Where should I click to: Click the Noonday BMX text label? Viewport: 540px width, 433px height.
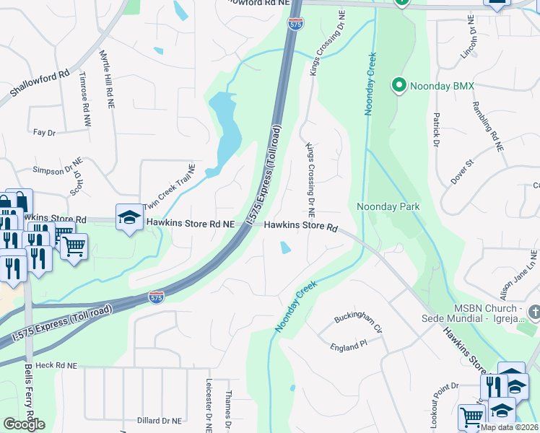442,87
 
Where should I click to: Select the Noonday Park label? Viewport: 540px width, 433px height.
388,207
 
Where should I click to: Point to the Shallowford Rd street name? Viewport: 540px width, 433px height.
40,84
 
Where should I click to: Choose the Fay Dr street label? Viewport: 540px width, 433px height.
44,133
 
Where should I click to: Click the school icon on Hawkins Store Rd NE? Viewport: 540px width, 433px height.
129,218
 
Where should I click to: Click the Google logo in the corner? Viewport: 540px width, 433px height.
24,424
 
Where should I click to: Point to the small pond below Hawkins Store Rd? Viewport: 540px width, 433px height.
286,248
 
